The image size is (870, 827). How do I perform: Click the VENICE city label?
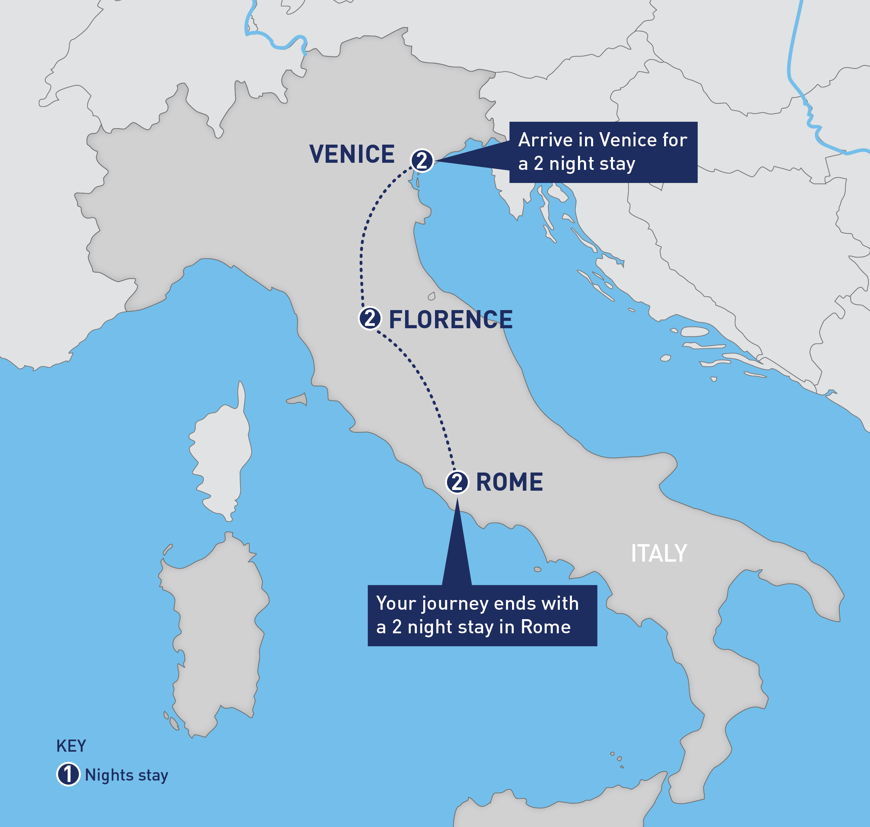[x=352, y=154]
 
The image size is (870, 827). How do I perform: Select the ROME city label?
[x=509, y=482]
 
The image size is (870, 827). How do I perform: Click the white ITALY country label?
[x=658, y=553]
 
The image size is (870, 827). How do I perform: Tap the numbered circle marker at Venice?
[x=422, y=160]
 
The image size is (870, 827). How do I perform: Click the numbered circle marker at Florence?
[x=369, y=318]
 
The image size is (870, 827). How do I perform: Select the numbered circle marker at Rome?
[x=457, y=482]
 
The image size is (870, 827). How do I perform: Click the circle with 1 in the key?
[x=68, y=775]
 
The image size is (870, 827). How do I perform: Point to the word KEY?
[x=71, y=746]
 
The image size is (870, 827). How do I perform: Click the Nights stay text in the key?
[x=126, y=775]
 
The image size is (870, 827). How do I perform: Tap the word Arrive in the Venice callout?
[x=545, y=140]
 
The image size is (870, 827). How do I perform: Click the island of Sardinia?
[x=216, y=635]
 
